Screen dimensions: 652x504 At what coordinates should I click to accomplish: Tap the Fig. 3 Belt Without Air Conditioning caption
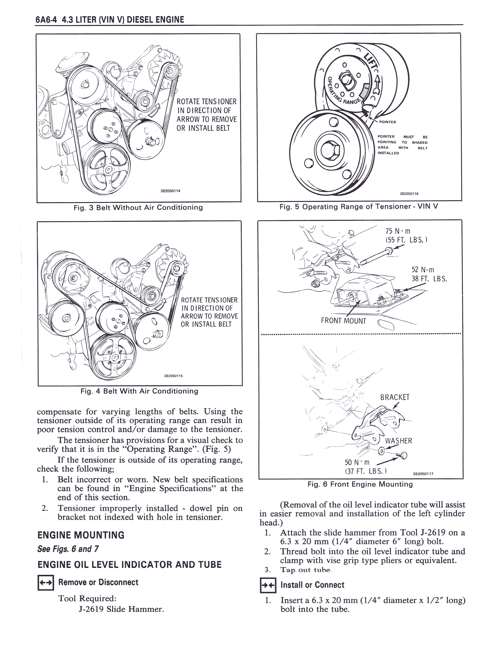pyautogui.click(x=138, y=207)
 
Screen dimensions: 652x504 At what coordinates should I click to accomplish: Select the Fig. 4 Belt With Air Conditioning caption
pyautogui.click(x=139, y=391)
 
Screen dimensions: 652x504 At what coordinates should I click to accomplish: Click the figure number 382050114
pyautogui.click(x=171, y=191)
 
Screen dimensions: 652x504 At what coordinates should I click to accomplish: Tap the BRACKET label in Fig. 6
pyautogui.click(x=395, y=397)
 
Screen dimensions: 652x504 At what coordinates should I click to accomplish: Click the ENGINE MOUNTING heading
pyautogui.click(x=81, y=535)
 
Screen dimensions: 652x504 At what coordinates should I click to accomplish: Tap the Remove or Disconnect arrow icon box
pyautogui.click(x=46, y=583)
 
